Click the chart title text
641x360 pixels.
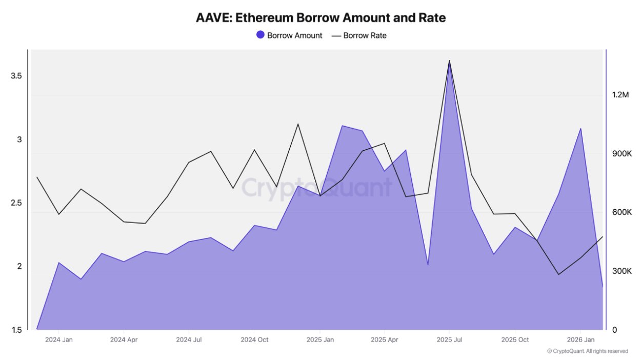point(320,17)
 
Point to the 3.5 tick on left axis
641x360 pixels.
point(17,76)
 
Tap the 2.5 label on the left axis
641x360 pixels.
point(17,203)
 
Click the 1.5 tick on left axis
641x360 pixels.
point(17,330)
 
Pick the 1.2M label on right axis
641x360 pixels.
point(620,95)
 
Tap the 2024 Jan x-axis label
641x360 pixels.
point(59,340)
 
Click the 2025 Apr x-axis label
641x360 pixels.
point(385,340)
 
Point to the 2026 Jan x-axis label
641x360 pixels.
point(580,340)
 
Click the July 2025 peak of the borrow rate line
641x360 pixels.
point(449,61)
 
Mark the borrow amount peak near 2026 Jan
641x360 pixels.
point(580,129)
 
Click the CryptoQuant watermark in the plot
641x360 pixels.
point(316,188)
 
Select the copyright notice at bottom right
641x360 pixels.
point(587,351)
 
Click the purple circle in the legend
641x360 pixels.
point(260,35)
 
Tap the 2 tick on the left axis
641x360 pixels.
point(19,267)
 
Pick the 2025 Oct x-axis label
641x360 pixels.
point(515,340)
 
